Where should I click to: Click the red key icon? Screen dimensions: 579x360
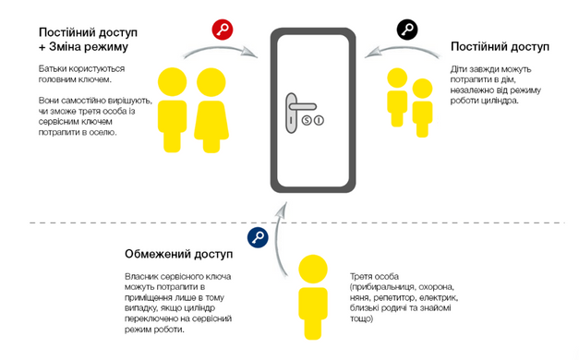(x=223, y=30)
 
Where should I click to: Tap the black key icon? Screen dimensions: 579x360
(x=407, y=30)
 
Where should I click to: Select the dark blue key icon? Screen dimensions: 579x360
(x=258, y=237)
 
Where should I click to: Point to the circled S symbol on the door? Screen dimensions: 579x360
(x=307, y=120)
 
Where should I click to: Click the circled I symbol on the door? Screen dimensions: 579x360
(x=319, y=120)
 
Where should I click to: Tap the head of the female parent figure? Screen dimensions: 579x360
(x=211, y=82)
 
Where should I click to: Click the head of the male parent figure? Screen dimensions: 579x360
(x=172, y=82)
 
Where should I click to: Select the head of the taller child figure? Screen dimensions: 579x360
(x=397, y=78)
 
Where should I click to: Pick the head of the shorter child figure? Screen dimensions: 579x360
(x=422, y=89)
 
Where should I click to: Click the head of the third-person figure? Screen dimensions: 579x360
(x=313, y=269)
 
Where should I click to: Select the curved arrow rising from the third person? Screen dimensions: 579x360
(x=278, y=240)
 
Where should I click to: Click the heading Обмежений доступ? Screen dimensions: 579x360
(x=179, y=254)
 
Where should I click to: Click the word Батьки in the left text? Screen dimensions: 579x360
(x=53, y=68)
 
